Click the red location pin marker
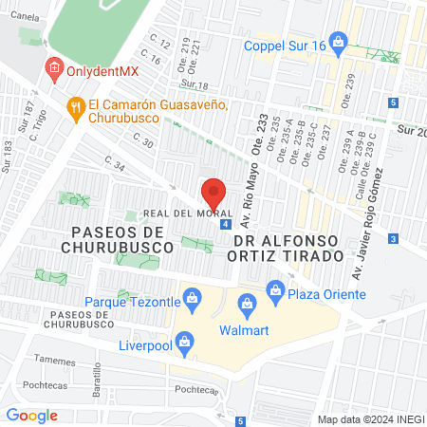point(213,192)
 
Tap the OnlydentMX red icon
point(54,68)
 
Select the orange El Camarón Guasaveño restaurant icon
point(75,107)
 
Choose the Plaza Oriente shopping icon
point(276,288)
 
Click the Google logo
point(31,415)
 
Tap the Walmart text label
point(239,331)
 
